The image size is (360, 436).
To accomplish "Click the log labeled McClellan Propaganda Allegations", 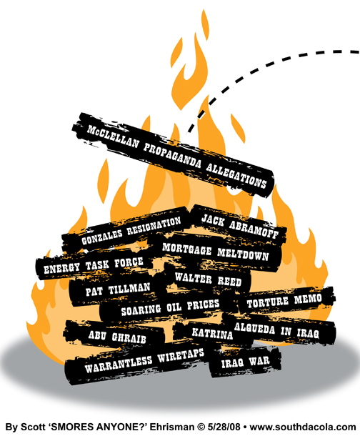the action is (x=173, y=154).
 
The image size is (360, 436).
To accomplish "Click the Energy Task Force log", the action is (x=94, y=266).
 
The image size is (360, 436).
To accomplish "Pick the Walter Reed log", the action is (x=208, y=279).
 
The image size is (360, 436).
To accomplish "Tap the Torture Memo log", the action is (x=284, y=299).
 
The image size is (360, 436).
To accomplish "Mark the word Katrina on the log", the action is (x=212, y=333).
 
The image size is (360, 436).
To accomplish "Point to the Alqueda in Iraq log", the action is (x=278, y=330).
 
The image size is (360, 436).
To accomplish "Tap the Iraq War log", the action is (x=245, y=362).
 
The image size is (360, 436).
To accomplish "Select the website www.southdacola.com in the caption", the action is (x=303, y=427).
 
